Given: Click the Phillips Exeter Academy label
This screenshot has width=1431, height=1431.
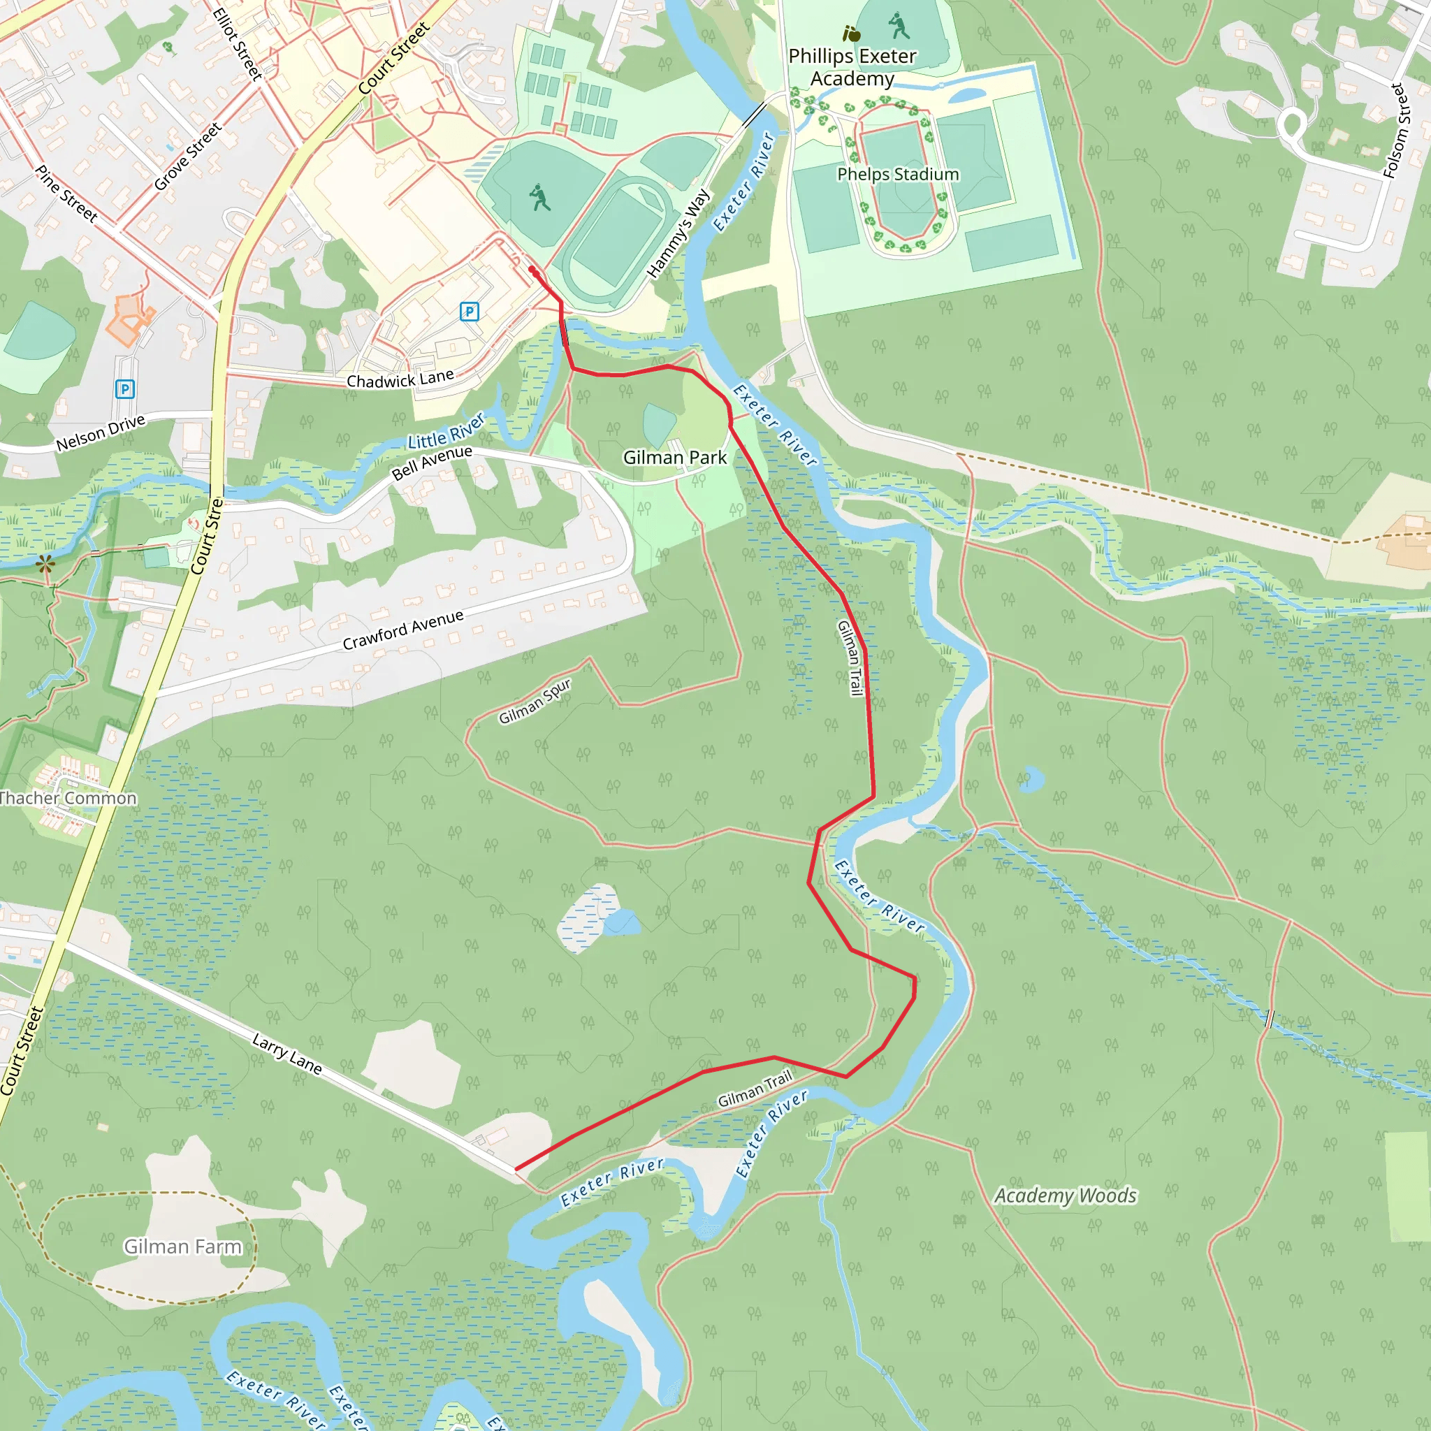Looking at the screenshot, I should (852, 66).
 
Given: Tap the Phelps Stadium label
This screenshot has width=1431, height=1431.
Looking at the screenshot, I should (898, 174).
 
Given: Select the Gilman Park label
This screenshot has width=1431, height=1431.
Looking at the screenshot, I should (674, 457).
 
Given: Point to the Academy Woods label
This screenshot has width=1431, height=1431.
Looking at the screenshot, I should (1064, 1196).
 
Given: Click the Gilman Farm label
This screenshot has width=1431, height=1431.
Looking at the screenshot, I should (182, 1246).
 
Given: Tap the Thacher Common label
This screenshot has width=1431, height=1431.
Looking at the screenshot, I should (68, 798).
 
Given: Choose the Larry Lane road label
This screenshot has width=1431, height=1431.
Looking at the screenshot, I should (286, 1053).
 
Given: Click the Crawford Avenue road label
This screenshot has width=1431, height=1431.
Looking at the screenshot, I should (403, 630).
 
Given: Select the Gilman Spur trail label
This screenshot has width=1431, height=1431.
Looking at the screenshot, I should (535, 701).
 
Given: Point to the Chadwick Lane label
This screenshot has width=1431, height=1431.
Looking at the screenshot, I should (400, 379).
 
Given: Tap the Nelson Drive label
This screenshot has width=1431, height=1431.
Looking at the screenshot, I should (101, 433).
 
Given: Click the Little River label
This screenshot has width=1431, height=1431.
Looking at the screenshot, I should (446, 430).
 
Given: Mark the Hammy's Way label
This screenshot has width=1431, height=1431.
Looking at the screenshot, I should (678, 233).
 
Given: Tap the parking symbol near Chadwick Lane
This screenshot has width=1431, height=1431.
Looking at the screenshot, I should (469, 311).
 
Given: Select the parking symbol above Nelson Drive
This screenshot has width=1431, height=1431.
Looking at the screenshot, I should (124, 389).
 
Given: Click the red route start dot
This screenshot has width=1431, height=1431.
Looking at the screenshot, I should (532, 270).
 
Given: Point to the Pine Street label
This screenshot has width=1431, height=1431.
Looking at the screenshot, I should (66, 194).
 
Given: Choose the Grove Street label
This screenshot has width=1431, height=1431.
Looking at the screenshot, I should (187, 157).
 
